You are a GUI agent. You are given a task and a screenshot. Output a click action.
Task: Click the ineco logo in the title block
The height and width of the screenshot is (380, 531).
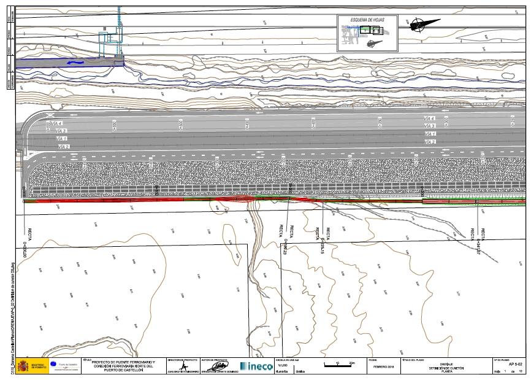pyautogui.click(x=256, y=366)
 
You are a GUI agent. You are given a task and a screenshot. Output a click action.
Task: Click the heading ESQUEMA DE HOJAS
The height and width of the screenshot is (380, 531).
pyautogui.click(x=367, y=20)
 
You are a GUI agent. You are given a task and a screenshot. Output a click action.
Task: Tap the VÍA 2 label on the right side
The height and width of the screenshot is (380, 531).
pyautogui.click(x=429, y=142)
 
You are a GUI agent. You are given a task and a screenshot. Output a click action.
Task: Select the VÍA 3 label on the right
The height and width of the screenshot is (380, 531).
pyautogui.click(x=429, y=126)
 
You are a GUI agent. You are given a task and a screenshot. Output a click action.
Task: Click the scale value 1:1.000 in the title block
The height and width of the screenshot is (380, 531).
pyautogui.click(x=283, y=365)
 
